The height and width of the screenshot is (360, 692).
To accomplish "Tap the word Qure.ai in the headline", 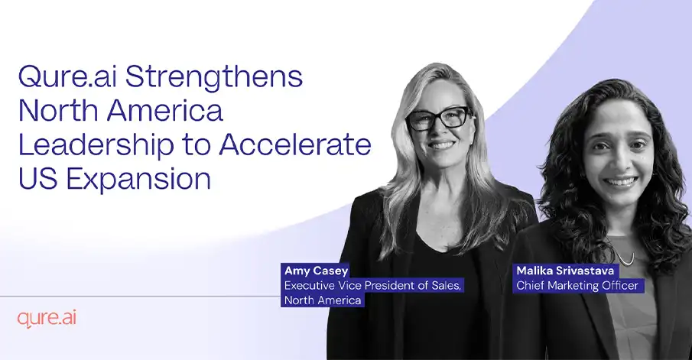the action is click(x=67, y=76).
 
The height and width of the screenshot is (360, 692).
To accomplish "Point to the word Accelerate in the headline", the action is click(x=295, y=144).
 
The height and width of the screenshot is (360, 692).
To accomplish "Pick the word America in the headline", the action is click(x=165, y=110).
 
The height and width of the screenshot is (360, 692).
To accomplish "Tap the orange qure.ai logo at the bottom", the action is click(x=47, y=319).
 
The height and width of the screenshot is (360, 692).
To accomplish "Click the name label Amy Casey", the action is click(x=317, y=271).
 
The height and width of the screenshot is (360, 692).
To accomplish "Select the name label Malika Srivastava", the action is click(x=565, y=271).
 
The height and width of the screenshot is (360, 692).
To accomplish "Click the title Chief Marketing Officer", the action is click(x=577, y=285).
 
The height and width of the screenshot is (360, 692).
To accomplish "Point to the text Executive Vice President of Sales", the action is click(x=372, y=285).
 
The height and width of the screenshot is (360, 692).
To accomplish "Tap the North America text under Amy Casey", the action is click(x=323, y=300).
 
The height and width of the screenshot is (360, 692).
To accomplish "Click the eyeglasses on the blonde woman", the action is click(x=439, y=118).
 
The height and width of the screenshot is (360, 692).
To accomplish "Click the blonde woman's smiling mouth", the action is click(x=442, y=144).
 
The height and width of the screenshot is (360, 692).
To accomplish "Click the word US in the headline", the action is click(x=38, y=179).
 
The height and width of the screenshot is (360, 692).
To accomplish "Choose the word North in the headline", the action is click(x=59, y=110).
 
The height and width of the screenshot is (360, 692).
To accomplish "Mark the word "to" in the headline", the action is click(x=197, y=145).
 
